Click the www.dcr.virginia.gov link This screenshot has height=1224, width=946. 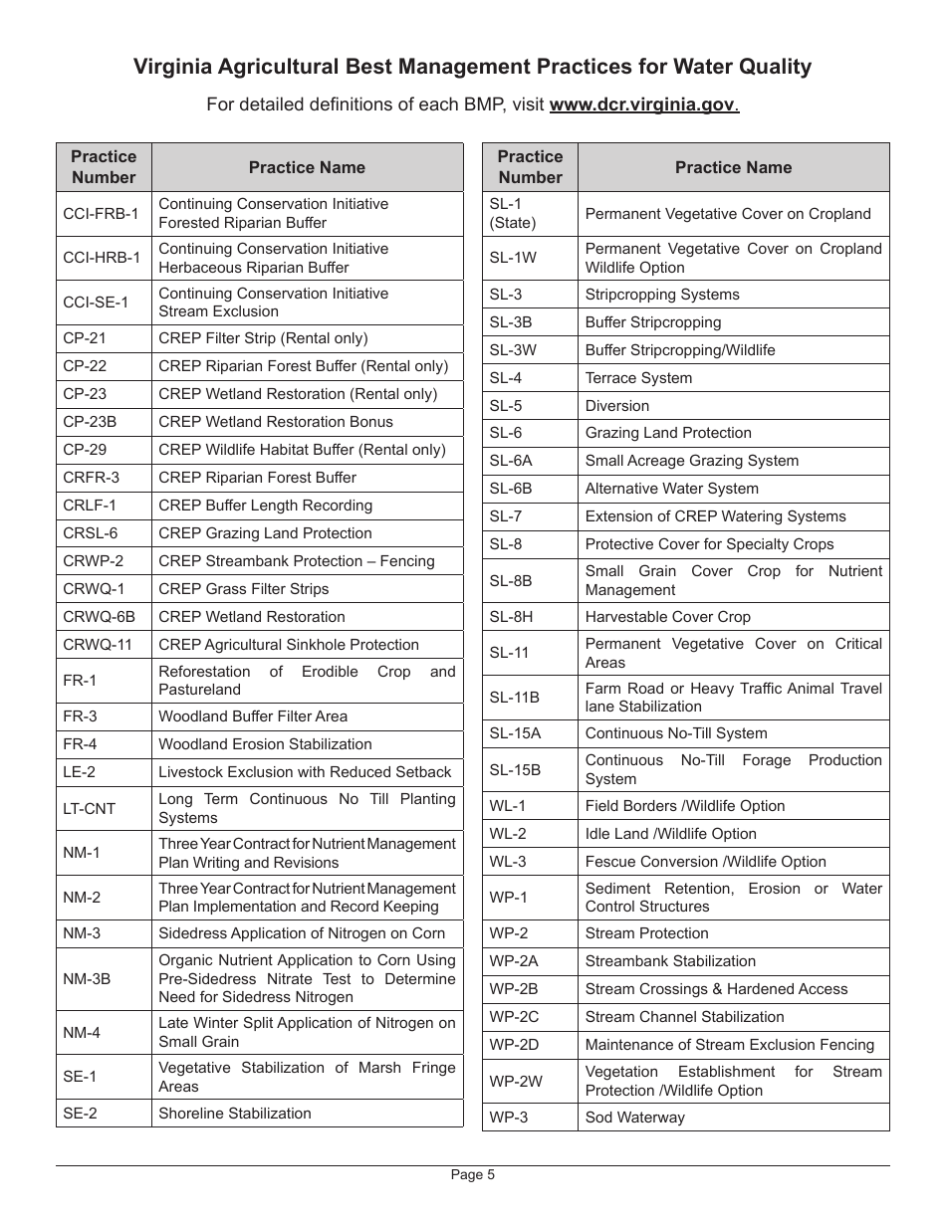pyautogui.click(x=643, y=105)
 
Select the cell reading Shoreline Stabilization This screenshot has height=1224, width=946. pyautogui.click(x=235, y=1114)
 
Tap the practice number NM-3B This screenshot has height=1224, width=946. pyautogui.click(x=87, y=978)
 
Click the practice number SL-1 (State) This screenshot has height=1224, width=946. pyautogui.click(x=513, y=214)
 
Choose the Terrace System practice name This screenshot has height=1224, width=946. pyautogui.click(x=638, y=378)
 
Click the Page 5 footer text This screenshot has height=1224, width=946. pyautogui.click(x=472, y=1174)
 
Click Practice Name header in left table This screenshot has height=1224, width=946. pyautogui.click(x=307, y=167)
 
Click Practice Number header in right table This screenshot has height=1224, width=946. pyautogui.click(x=530, y=167)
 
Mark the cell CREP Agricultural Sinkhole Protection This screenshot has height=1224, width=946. pyautogui.click(x=289, y=645)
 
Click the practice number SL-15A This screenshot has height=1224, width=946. pyautogui.click(x=515, y=733)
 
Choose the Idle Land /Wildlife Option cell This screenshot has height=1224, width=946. pyautogui.click(x=670, y=834)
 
